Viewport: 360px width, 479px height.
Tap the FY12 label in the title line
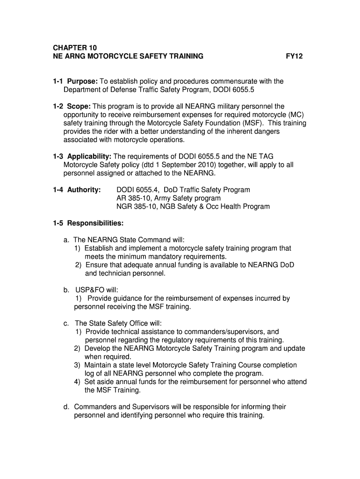[x=295, y=57]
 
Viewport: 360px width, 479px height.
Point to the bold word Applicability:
[x=89, y=156]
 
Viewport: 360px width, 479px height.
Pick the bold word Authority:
[x=84, y=190]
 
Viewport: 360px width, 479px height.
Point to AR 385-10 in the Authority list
[x=132, y=198]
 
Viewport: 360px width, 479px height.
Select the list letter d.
[x=67, y=407]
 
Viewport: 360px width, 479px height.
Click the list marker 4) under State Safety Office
[x=77, y=382]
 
